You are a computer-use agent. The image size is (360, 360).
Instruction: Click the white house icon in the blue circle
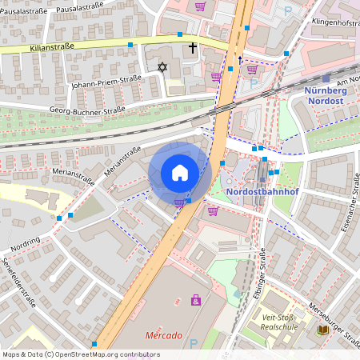(x=180, y=173)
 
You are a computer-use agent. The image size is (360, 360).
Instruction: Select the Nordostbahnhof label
(x=256, y=192)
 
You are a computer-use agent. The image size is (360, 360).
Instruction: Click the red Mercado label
(x=163, y=335)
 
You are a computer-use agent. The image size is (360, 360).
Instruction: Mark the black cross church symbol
(x=192, y=48)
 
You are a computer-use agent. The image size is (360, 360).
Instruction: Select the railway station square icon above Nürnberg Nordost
(x=326, y=78)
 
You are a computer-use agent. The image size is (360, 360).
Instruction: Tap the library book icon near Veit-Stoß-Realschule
(x=323, y=330)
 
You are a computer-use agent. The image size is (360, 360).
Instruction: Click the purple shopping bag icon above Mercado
(x=195, y=300)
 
